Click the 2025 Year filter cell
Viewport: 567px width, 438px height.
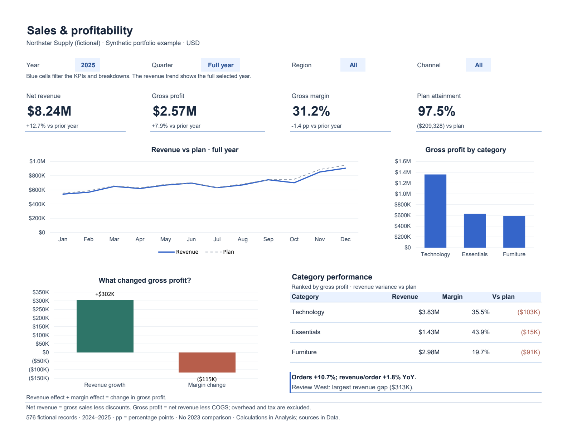pyautogui.click(x=87, y=65)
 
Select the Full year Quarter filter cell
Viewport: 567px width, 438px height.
pyautogui.click(x=220, y=65)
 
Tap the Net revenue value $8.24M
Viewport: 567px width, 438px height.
pyautogui.click(x=49, y=111)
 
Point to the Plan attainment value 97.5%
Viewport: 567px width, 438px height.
pyautogui.click(x=436, y=111)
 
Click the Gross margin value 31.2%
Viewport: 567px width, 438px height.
pyautogui.click(x=311, y=111)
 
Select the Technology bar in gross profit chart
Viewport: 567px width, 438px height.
pyautogui.click(x=435, y=211)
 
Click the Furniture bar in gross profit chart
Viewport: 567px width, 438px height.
pyautogui.click(x=514, y=232)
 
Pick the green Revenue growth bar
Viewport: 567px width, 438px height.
pyautogui.click(x=105, y=326)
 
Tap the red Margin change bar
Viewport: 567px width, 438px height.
pyautogui.click(x=207, y=362)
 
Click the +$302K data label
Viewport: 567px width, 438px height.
pyautogui.click(x=105, y=294)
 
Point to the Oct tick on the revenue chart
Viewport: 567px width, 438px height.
pyautogui.click(x=294, y=239)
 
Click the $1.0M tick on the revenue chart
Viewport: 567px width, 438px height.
pyautogui.click(x=37, y=161)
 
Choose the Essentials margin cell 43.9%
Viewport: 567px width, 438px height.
pyautogui.click(x=480, y=332)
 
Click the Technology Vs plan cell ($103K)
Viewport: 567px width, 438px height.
pyautogui.click(x=528, y=312)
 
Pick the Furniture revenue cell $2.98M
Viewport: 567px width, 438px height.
pyautogui.click(x=429, y=352)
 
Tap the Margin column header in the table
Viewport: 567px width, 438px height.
pyautogui.click(x=452, y=297)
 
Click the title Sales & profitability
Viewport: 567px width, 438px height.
pyautogui.click(x=80, y=30)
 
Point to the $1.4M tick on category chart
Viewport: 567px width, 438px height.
pyautogui.click(x=403, y=172)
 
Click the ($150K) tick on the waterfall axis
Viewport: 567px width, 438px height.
pyautogui.click(x=39, y=378)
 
